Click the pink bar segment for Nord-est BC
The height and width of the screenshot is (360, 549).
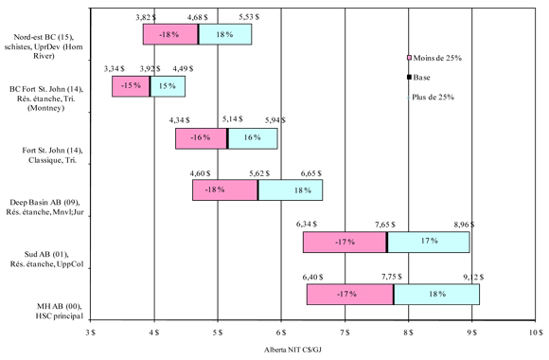click(x=170, y=34)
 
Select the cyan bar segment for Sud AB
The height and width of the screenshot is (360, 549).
click(x=428, y=242)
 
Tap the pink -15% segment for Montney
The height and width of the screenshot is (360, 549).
click(x=131, y=86)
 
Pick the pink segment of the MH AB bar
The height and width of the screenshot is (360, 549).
click(x=349, y=294)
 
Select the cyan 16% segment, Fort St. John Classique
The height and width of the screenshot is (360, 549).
click(x=253, y=138)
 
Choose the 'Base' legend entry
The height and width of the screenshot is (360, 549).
click(x=422, y=78)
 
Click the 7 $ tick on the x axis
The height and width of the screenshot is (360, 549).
click(x=345, y=333)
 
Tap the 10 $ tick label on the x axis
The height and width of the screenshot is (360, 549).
click(x=535, y=333)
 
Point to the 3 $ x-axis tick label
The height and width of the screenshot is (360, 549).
click(x=91, y=333)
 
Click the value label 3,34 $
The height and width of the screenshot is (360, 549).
click(x=115, y=68)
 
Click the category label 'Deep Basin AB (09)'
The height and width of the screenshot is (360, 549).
click(x=42, y=203)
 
